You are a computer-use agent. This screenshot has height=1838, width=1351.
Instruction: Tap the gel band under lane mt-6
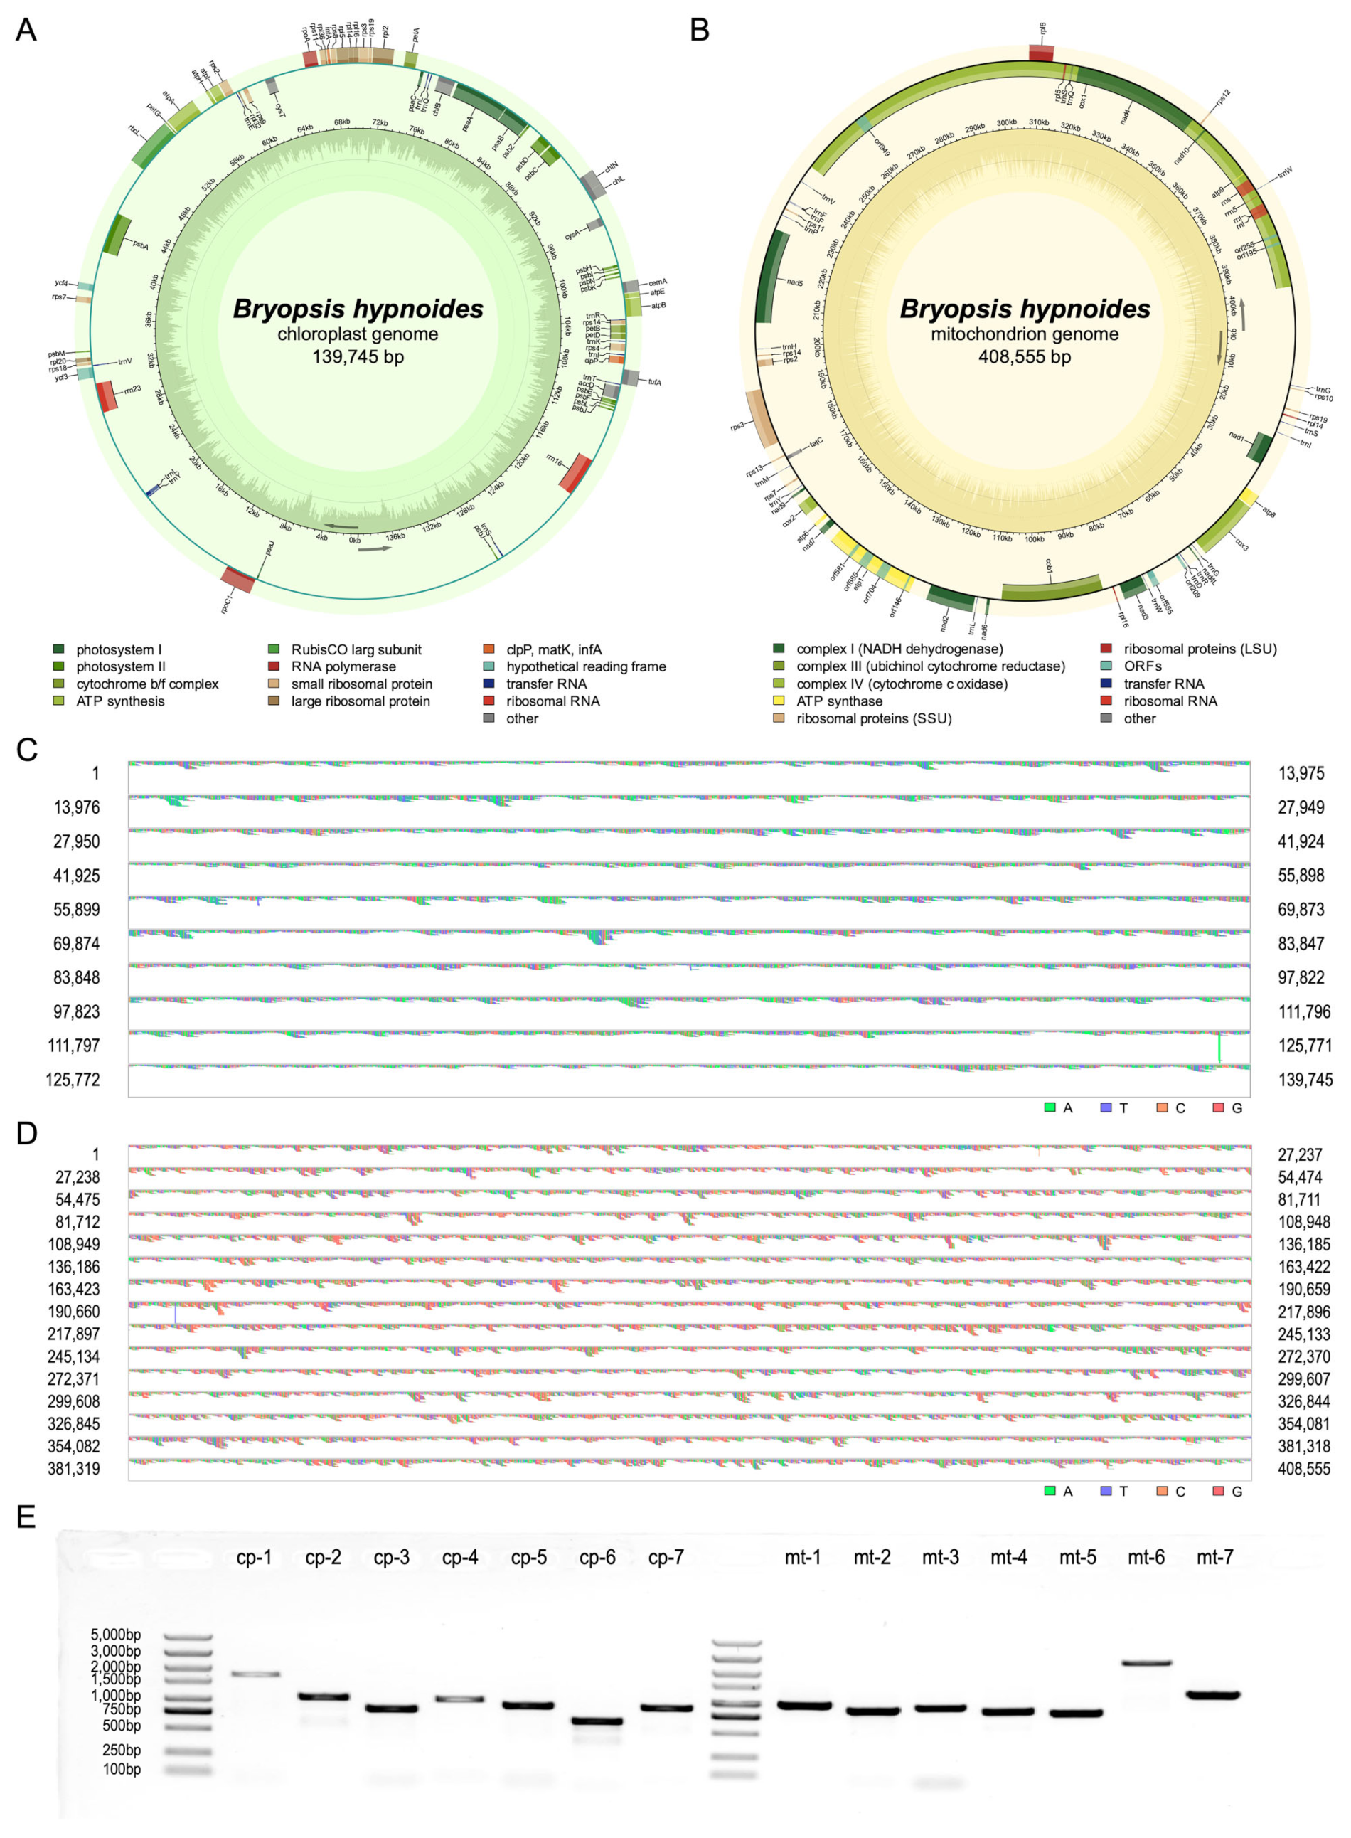[1146, 1663]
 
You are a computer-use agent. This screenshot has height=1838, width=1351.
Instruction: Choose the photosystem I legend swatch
[59, 649]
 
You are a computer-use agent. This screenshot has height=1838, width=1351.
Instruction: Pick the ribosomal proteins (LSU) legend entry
[1200, 649]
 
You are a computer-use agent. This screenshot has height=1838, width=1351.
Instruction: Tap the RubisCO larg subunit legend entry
[356, 649]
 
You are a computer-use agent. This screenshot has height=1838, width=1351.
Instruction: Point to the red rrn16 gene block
[577, 473]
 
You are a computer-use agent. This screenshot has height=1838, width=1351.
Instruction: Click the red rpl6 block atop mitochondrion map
[1041, 53]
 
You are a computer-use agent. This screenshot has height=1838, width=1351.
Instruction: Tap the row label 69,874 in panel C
[74, 943]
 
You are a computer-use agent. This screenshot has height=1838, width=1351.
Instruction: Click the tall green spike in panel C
[1219, 1047]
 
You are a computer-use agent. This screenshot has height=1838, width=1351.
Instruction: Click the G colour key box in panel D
[1218, 1490]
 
